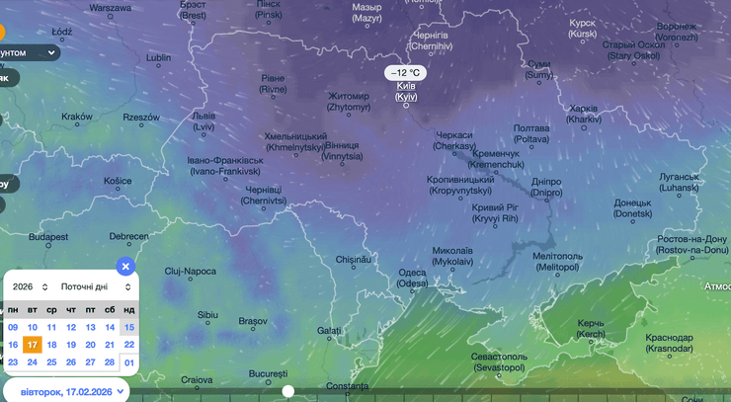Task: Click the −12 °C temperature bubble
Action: point(405,73)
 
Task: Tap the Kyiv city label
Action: point(406,92)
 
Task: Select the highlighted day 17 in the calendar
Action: point(33,345)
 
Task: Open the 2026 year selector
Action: point(30,286)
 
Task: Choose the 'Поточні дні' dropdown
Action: point(95,286)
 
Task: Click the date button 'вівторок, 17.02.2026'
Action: point(67,391)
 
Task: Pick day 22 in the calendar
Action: point(128,345)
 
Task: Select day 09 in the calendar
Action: point(13,327)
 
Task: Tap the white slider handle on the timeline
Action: point(287,391)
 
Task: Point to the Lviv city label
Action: point(203,121)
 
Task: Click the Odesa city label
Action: point(413,279)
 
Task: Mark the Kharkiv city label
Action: point(584,114)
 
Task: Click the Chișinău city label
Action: point(352,259)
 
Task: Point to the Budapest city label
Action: point(47,237)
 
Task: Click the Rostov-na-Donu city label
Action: point(692,244)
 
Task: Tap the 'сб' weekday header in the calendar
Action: point(110,309)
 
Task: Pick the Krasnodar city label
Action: point(669,343)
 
